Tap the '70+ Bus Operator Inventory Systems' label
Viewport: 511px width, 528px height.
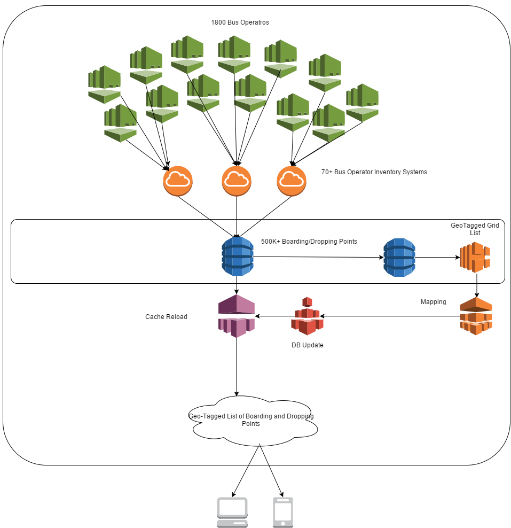tap(374, 172)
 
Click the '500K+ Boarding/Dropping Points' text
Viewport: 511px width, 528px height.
tap(309, 242)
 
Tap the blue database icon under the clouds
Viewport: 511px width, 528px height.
tap(237, 257)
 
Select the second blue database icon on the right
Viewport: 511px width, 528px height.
tap(399, 257)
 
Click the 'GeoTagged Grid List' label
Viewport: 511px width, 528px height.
tap(475, 229)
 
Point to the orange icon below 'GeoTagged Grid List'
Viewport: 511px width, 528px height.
tap(475, 258)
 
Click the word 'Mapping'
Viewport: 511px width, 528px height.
tap(433, 302)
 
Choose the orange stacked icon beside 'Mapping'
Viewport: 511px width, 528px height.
tap(476, 316)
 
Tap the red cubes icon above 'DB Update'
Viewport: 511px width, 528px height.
tap(307, 316)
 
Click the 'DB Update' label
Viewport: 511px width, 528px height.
tap(307, 345)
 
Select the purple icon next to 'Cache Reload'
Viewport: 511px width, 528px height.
tap(237, 316)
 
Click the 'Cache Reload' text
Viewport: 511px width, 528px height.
tap(166, 317)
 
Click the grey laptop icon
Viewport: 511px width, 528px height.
tap(232, 513)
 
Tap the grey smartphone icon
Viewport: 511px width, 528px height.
tap(283, 513)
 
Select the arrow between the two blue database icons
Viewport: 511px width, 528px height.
tap(318, 257)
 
